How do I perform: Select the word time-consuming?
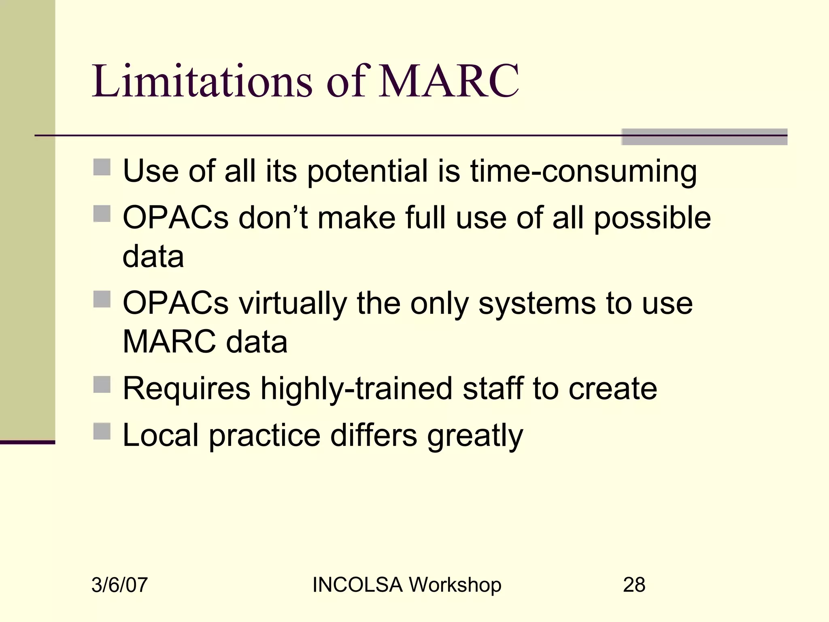click(x=583, y=171)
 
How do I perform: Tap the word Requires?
click(x=187, y=389)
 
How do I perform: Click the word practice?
click(x=265, y=436)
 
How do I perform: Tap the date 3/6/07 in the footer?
click(x=119, y=585)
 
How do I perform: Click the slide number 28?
click(x=634, y=585)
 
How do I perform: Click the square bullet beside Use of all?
click(x=102, y=167)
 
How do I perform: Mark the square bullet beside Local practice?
click(x=102, y=431)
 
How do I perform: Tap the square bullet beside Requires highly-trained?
click(x=102, y=384)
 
